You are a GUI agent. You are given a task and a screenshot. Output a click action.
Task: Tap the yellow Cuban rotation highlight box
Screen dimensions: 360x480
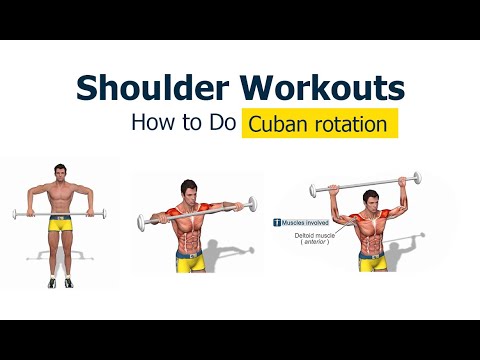[x=319, y=126]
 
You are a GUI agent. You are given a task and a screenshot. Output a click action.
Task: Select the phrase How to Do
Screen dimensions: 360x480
[x=183, y=126]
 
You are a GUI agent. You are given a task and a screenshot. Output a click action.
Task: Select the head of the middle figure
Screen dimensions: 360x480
[x=190, y=189]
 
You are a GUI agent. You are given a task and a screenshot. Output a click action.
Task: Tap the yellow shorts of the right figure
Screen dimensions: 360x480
[x=372, y=262]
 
